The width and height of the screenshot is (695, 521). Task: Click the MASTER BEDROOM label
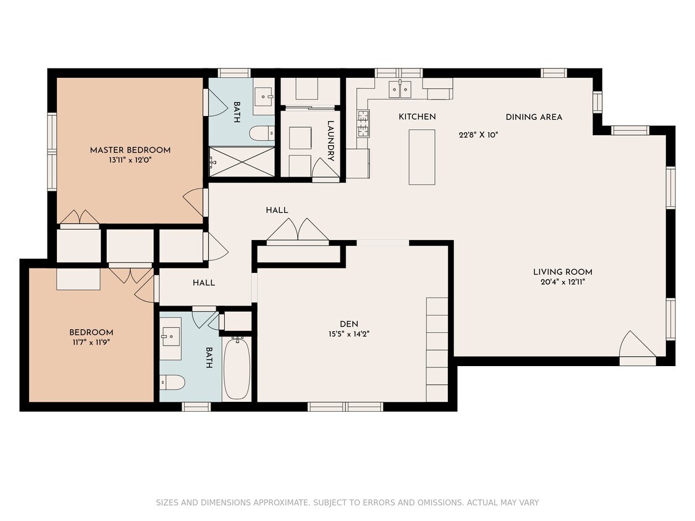pos(130,150)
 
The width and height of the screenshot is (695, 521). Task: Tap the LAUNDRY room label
pos(331,141)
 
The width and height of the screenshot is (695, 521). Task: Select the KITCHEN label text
pos(417,117)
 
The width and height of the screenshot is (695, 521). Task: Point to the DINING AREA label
pos(534,117)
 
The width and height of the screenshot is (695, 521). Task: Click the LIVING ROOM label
pos(562,272)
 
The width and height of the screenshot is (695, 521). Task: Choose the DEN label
pos(348,324)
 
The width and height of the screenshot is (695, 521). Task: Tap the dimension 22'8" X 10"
pos(478,135)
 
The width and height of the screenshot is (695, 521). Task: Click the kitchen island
pos(422,157)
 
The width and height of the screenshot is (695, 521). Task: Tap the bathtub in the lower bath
pos(236,369)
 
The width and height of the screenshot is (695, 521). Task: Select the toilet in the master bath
pos(262,133)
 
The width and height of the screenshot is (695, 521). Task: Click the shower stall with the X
pos(241,162)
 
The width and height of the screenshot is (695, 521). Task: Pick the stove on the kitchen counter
pos(363,123)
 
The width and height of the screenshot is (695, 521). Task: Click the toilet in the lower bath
pos(172,383)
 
